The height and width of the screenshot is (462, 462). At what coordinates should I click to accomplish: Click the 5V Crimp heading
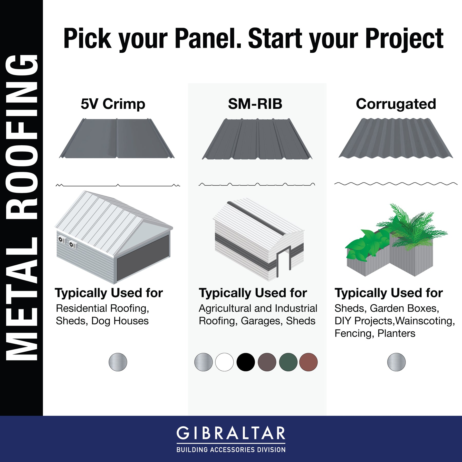(113, 104)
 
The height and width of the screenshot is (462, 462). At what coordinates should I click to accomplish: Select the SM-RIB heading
(255, 104)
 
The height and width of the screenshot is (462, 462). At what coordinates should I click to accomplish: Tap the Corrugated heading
(396, 104)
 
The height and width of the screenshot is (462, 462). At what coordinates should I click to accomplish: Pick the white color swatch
(224, 362)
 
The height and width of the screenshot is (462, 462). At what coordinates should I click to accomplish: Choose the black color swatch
(246, 362)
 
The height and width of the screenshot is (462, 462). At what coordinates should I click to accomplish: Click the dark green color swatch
(288, 362)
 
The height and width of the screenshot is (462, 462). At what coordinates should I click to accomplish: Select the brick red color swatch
(309, 362)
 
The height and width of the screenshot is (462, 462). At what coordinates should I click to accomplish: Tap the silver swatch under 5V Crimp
(118, 362)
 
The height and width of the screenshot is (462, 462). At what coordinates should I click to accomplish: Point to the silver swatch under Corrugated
(396, 362)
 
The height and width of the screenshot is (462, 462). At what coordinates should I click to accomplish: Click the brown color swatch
(267, 362)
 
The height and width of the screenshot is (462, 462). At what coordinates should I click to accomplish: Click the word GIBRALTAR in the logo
(231, 433)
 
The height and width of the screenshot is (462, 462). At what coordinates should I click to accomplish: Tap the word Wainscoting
(425, 321)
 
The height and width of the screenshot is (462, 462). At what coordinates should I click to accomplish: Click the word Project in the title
(405, 39)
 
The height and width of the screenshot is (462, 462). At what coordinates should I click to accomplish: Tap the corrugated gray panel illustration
(396, 138)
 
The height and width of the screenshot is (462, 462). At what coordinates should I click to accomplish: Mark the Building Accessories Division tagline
(231, 450)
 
